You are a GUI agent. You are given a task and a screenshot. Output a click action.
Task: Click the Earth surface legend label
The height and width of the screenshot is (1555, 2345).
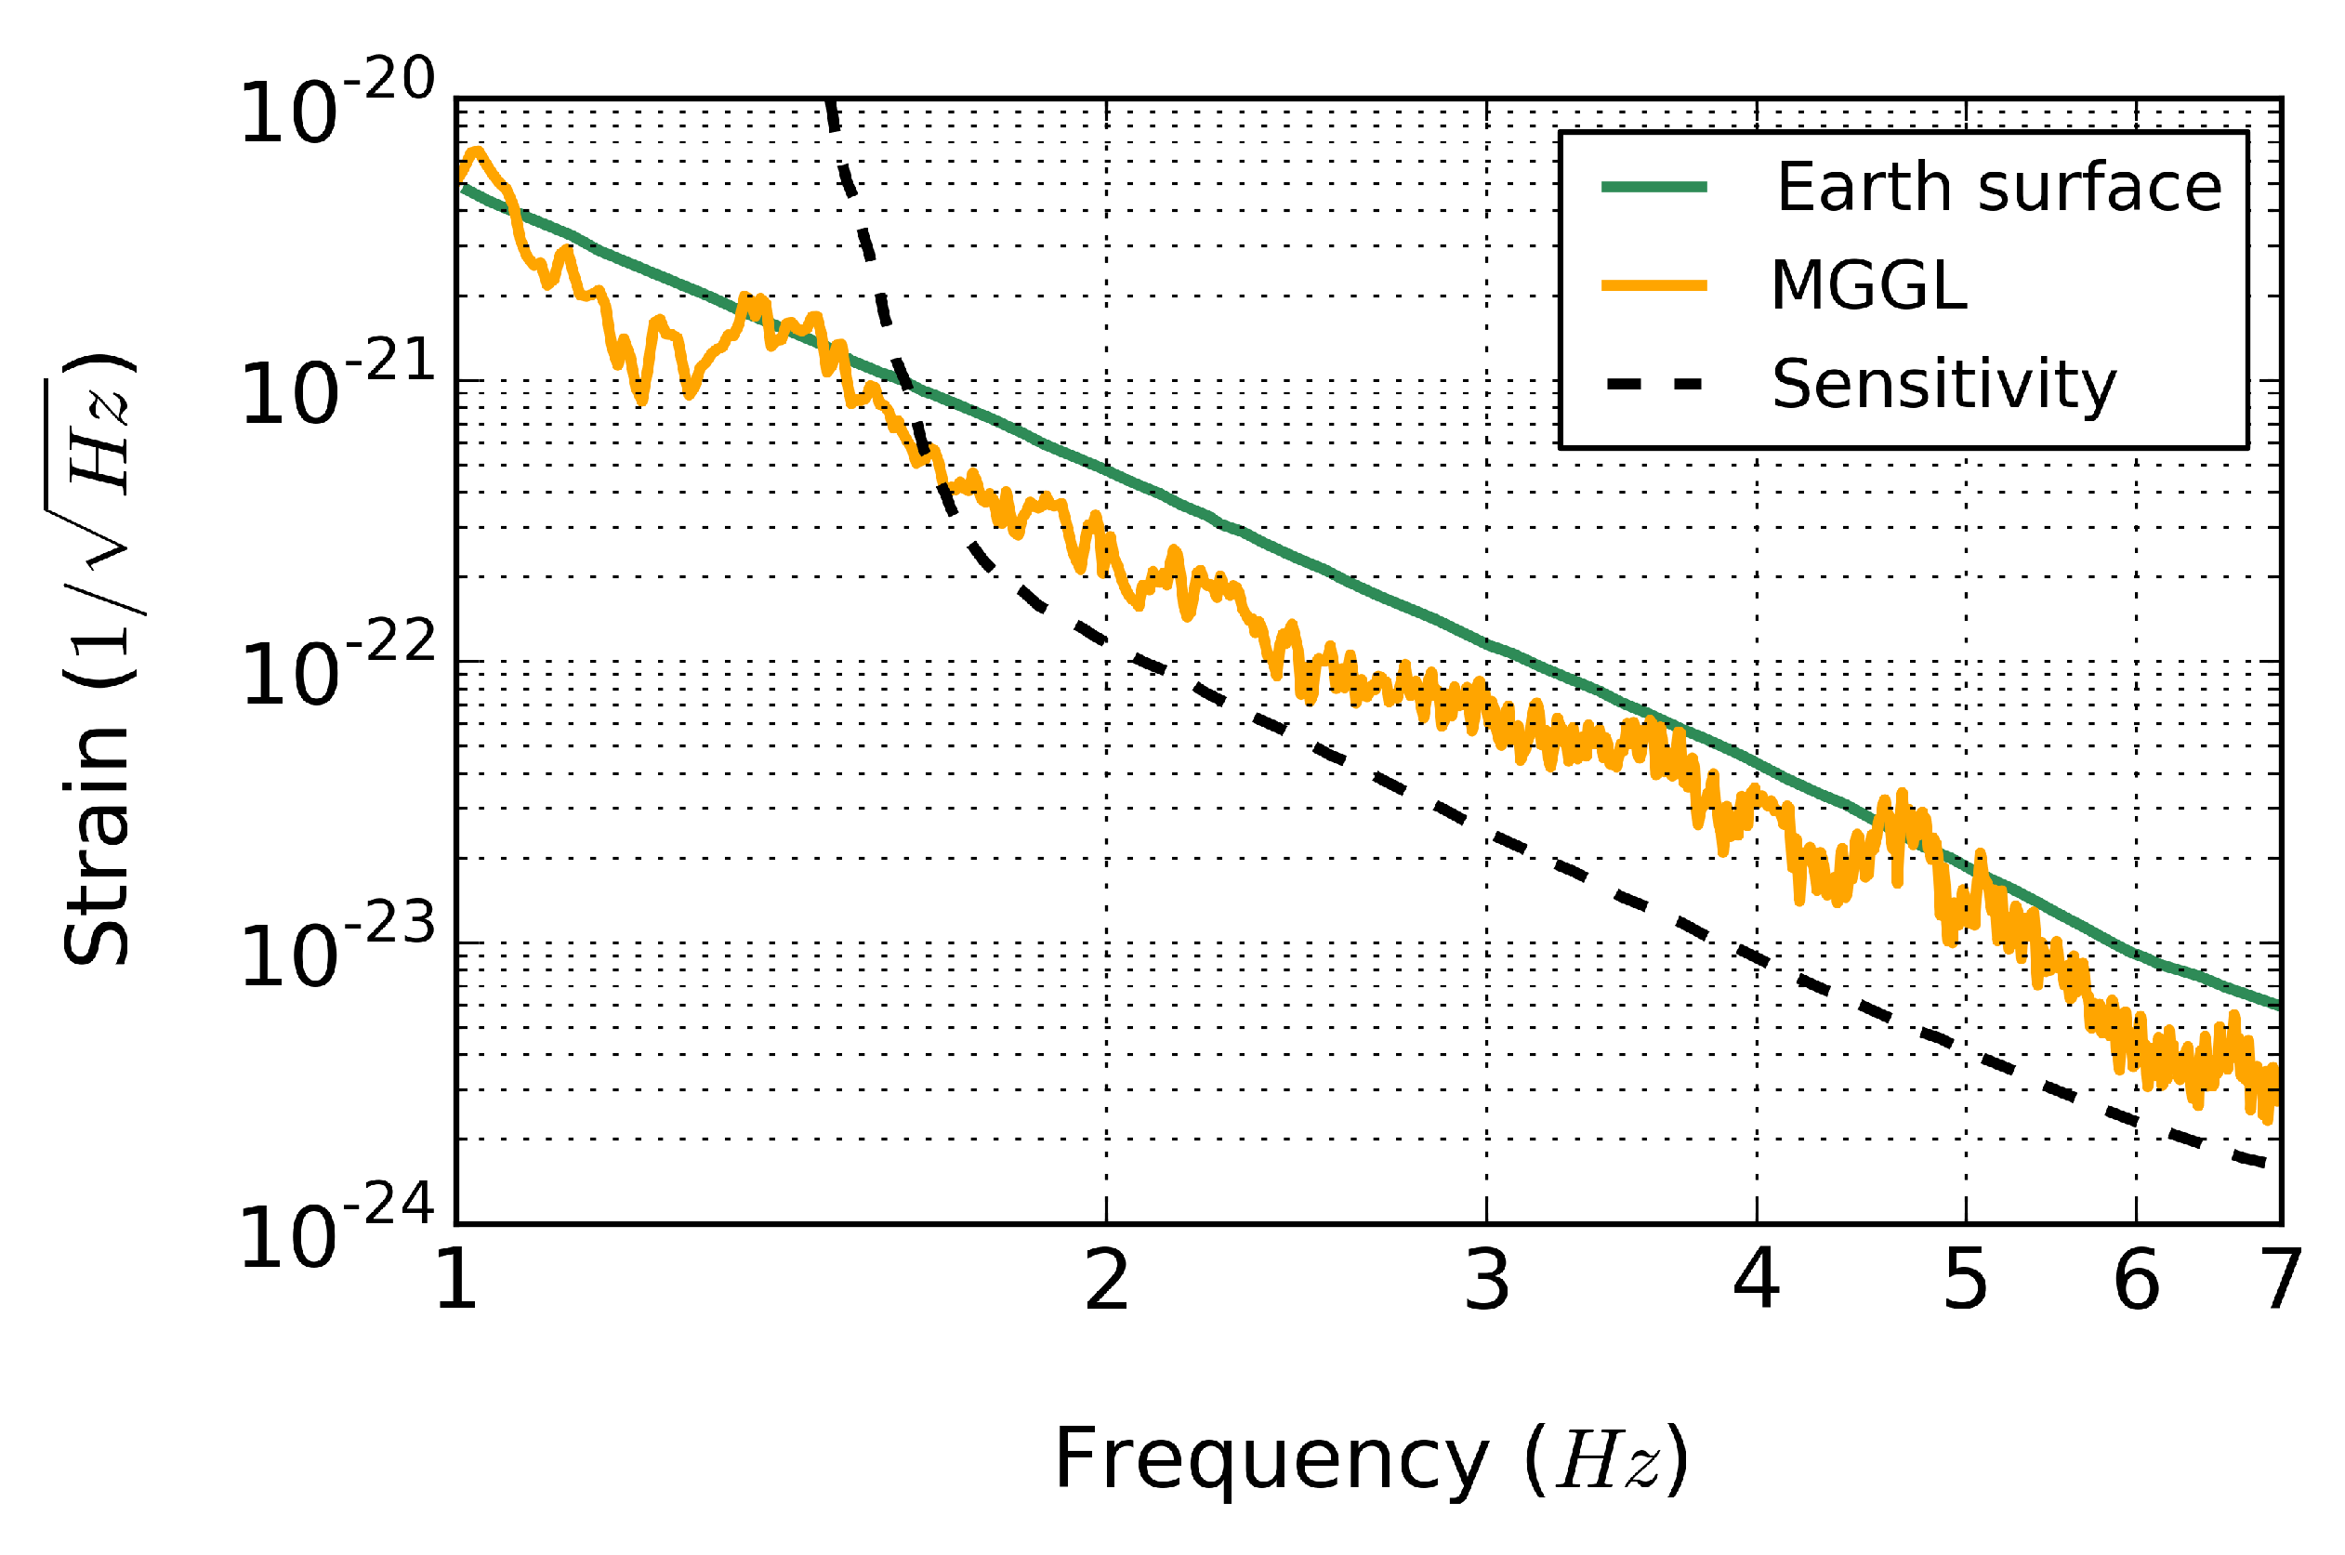[1997, 188]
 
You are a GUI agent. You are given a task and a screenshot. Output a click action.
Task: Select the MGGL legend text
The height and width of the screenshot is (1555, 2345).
[1867, 286]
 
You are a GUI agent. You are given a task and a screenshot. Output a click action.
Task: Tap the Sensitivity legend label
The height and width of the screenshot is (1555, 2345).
[1943, 385]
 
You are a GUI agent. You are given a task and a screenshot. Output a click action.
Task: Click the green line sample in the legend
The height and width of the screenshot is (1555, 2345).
[1653, 187]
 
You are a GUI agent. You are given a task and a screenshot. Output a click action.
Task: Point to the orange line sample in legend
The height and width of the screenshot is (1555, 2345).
[1653, 285]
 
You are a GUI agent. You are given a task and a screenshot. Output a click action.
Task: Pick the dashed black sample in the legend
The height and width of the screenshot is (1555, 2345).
[1653, 384]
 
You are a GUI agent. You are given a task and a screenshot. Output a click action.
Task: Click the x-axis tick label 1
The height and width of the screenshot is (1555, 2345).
[457, 1280]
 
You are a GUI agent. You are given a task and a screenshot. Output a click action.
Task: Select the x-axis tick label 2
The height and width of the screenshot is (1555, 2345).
[1107, 1280]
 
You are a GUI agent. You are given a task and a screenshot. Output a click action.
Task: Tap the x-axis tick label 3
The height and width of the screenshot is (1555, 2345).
[1486, 1280]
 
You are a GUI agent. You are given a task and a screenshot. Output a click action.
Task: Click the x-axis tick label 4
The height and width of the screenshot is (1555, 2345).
[1756, 1280]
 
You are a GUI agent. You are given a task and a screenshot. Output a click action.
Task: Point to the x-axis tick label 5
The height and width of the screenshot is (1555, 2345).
[1965, 1280]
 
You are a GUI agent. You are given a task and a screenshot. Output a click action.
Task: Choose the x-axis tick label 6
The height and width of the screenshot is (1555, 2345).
[2136, 1280]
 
